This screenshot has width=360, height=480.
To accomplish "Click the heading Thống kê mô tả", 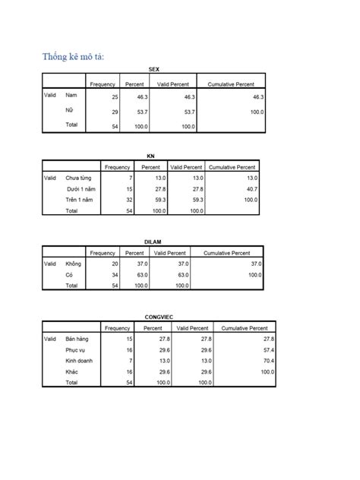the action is tap(73, 56).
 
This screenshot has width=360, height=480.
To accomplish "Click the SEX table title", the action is tap(154, 69).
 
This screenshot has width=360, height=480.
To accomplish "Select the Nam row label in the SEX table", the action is tap(71, 96).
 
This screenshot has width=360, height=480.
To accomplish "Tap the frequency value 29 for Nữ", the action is tap(115, 112).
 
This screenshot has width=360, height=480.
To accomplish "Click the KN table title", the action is tap(150, 156).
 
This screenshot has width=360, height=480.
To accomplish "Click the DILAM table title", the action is tap(153, 242).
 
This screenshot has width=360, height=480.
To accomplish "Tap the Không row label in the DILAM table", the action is tap(74, 264).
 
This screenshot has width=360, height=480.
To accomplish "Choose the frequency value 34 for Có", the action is tap(114, 275).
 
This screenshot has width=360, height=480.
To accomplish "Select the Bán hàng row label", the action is tap(77, 339).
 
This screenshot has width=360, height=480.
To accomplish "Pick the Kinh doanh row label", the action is tap(79, 361).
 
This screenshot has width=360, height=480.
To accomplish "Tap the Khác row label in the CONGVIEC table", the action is tap(72, 372).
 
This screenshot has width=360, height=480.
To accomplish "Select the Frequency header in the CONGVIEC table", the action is tap(118, 327).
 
